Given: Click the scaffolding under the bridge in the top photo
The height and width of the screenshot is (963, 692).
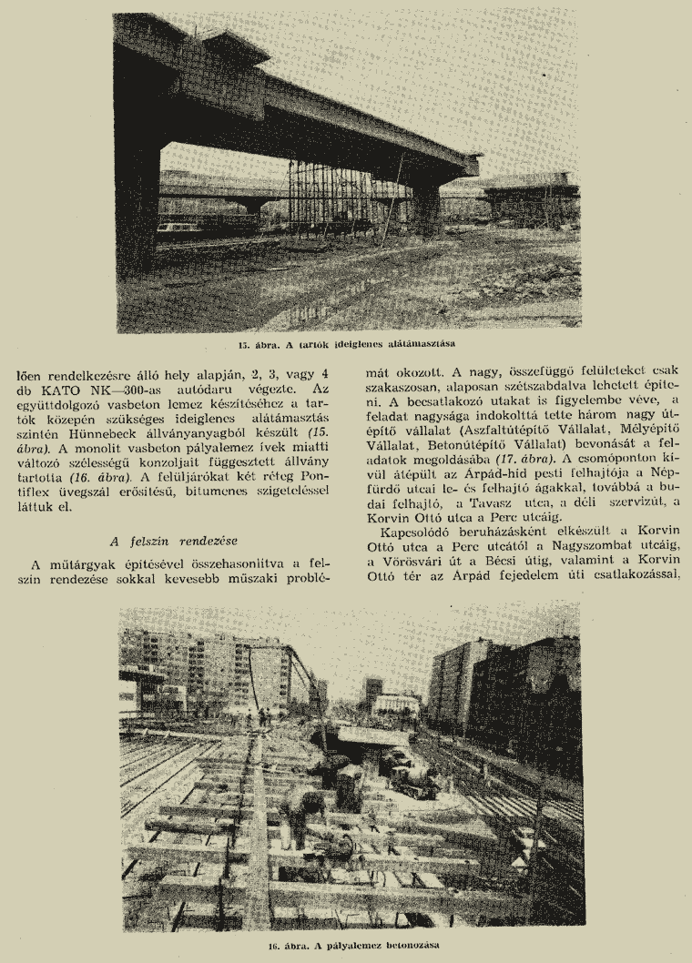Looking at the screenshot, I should (328, 196).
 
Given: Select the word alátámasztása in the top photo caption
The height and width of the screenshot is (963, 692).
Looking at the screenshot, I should (418, 345).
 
